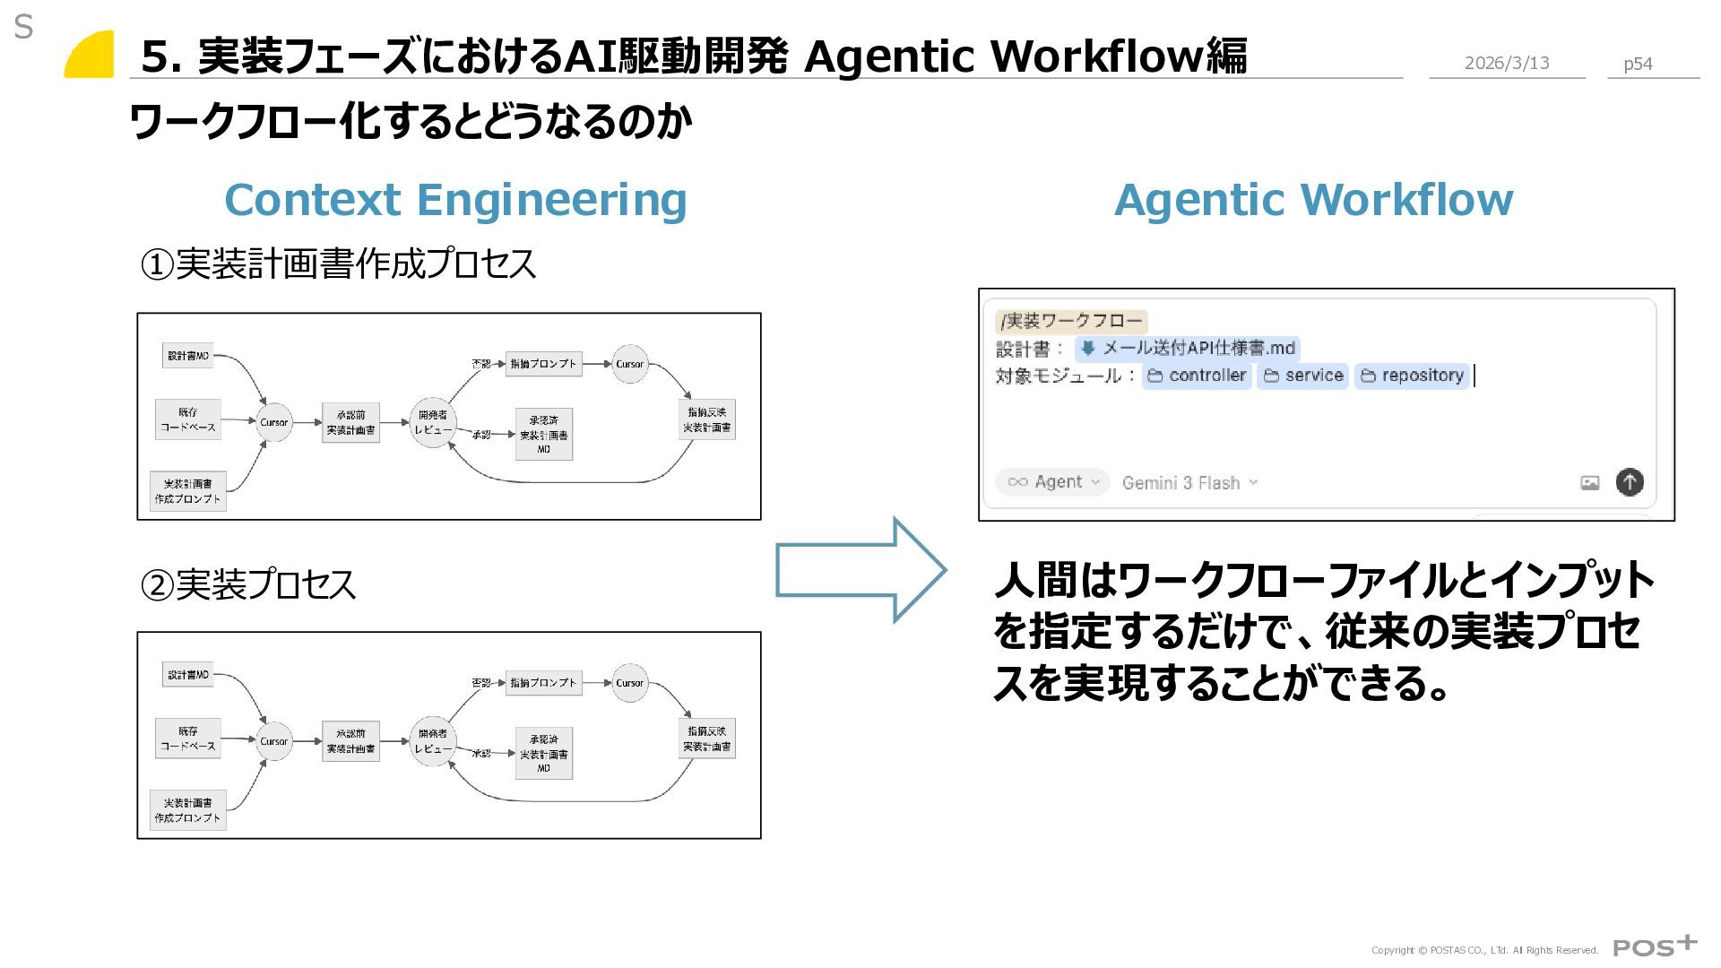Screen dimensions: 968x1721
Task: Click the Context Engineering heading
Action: point(455,199)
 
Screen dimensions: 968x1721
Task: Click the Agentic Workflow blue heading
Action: point(1313,199)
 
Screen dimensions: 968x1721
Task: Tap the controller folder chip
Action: point(1197,376)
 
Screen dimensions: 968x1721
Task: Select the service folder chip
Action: point(1303,376)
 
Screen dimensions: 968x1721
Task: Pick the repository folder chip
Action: point(1412,376)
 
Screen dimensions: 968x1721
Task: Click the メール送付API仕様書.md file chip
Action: point(1188,348)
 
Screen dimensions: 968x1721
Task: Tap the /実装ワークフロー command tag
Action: point(1071,321)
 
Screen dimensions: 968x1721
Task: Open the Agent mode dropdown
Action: point(1052,482)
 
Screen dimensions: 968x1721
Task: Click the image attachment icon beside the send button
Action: point(1589,483)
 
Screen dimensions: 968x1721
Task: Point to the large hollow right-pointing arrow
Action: point(860,570)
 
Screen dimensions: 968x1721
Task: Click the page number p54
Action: point(1638,64)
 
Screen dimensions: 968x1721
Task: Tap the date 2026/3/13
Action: point(1507,63)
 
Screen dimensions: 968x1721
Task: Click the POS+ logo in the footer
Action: point(1655,946)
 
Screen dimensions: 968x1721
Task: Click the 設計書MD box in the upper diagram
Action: point(188,356)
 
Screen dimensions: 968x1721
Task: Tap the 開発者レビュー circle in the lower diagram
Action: point(433,741)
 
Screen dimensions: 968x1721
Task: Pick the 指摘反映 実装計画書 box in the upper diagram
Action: point(707,419)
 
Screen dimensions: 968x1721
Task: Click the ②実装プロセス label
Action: point(248,584)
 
